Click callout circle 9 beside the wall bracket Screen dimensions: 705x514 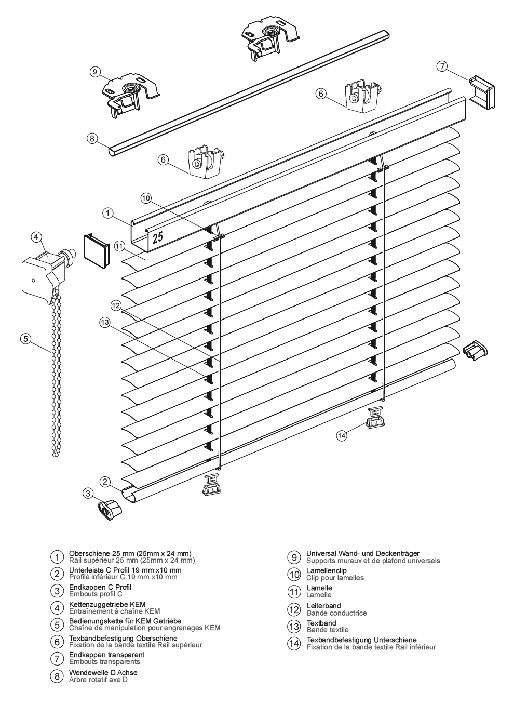pos(94,72)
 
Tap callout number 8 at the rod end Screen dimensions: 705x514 pos(92,138)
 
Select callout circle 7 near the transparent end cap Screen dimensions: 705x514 pos(442,66)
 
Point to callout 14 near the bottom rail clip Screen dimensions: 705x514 pos(341,436)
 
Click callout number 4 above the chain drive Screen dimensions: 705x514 pos(36,237)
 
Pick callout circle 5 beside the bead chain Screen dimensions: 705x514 pos(25,339)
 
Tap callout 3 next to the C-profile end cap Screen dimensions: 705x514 pos(89,493)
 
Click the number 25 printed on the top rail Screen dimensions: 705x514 pos(157,237)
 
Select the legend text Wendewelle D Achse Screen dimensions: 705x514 pos(103,672)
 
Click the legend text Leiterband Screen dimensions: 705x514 pos(324,606)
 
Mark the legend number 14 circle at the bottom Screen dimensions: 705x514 pos(294,644)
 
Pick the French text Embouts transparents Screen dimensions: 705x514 pos(104,661)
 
